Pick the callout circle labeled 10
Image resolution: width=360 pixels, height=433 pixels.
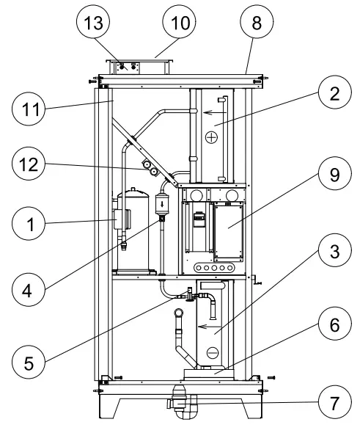[x=180, y=23]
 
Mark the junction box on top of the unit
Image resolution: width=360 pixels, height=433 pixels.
[x=139, y=67]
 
